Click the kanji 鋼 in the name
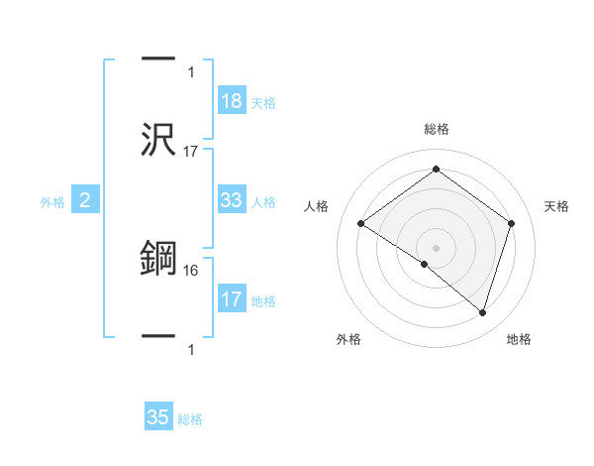[159, 259]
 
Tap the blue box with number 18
[232, 101]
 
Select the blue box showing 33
[232, 200]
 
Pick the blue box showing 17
[232, 299]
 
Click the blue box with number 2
[85, 201]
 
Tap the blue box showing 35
[158, 417]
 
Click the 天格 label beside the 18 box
[263, 103]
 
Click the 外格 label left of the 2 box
[52, 202]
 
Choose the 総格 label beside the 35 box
[190, 419]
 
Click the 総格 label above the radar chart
[436, 129]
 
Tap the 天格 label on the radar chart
[556, 206]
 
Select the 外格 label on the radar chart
[348, 340]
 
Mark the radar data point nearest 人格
[361, 224]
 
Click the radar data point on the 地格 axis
[482, 312]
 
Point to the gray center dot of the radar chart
[436, 247]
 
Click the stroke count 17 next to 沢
[191, 151]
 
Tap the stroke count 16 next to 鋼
[191, 269]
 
